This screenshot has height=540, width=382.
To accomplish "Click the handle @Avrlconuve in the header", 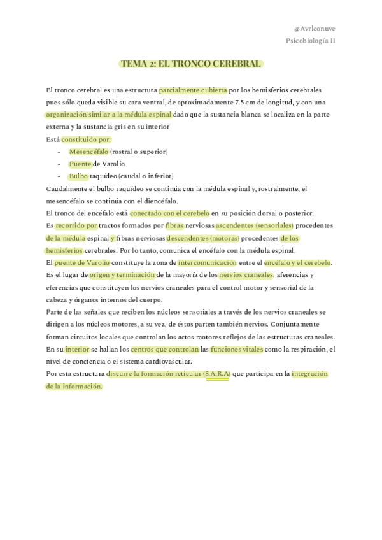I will click(315, 29).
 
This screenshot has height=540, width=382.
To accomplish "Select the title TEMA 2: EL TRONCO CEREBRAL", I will click(191, 64).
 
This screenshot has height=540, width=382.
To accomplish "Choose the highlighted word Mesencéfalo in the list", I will click(88, 152).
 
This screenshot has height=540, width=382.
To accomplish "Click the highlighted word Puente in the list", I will click(80, 164).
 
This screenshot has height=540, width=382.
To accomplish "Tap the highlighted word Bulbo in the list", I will click(78, 176).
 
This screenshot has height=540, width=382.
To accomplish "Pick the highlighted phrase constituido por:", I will click(86, 139).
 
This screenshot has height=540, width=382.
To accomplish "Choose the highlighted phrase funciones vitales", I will click(234, 349).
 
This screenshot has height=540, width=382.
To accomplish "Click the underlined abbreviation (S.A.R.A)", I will click(217, 373).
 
